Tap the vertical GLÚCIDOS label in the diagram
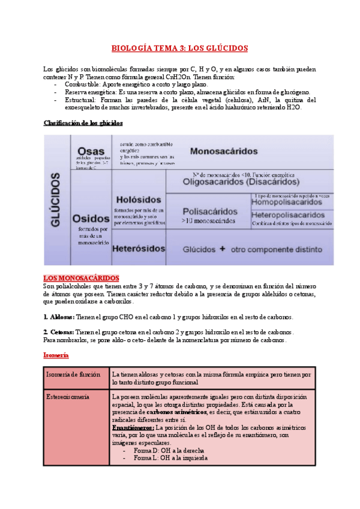(56, 199)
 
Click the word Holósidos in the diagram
(139, 199)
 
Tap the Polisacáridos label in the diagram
(208, 211)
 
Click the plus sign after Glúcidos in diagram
(222, 248)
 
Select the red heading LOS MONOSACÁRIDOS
(81, 279)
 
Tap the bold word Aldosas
(59, 316)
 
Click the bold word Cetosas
(59, 332)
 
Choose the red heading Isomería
(56, 355)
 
